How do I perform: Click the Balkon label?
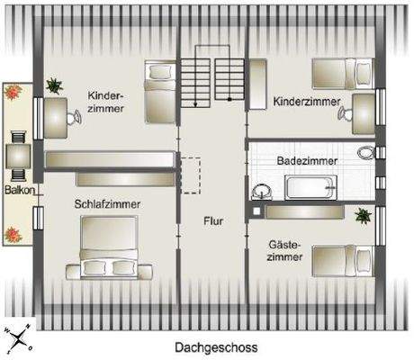tap(17, 191)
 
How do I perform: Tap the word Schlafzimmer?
tap(107, 204)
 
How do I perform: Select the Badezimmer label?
tap(307, 160)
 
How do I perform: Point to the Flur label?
tap(213, 220)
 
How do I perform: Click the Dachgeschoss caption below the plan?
tap(216, 347)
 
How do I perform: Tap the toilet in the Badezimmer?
tap(365, 152)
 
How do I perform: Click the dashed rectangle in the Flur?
tap(190, 171)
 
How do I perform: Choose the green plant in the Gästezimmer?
tap(363, 216)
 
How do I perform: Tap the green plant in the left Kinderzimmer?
tap(54, 85)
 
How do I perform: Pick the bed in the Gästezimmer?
tap(342, 261)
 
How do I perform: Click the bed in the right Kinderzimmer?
tap(342, 70)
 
